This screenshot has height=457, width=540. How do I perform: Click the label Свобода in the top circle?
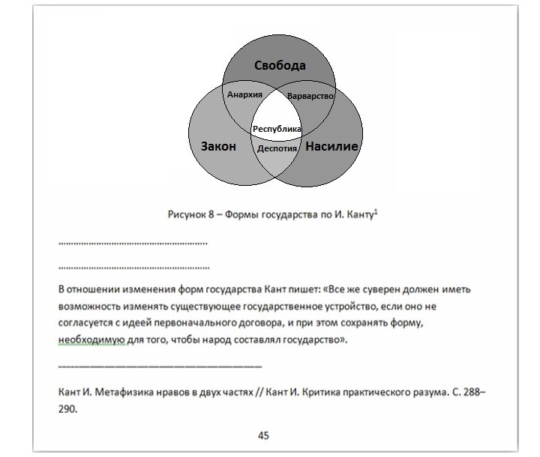tap(278, 66)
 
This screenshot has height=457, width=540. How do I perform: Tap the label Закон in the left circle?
tap(218, 147)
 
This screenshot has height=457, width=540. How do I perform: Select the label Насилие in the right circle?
tap(332, 147)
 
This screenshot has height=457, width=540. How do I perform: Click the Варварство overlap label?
tap(310, 97)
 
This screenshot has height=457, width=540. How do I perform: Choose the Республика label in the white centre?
tap(277, 129)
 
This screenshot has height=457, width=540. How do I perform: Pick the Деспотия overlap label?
tap(277, 148)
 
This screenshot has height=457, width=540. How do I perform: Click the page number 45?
tap(263, 435)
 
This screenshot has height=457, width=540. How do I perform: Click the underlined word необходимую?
tap(86, 339)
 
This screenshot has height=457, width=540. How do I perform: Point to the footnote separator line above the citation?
tap(160, 366)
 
